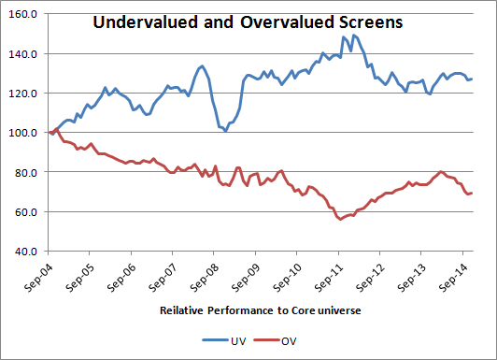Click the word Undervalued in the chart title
coord(146,22)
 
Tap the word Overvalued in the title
coord(287,22)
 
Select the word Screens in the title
coord(371,22)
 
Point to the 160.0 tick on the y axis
coord(22,14)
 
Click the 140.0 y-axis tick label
coord(22,54)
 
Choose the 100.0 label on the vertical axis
coord(22,133)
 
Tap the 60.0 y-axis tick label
coord(25,212)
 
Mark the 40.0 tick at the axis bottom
coord(25,252)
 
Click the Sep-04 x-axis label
coord(38,277)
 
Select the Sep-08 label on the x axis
coord(205,277)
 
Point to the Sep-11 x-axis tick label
coord(329,277)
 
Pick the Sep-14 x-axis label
coord(453,277)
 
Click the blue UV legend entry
coord(224,341)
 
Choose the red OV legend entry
coord(275,341)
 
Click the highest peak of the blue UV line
coord(354,36)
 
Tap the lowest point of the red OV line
coord(340,219)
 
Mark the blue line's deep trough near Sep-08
coord(225,131)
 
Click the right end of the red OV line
coord(472,194)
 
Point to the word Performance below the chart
coord(241,310)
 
